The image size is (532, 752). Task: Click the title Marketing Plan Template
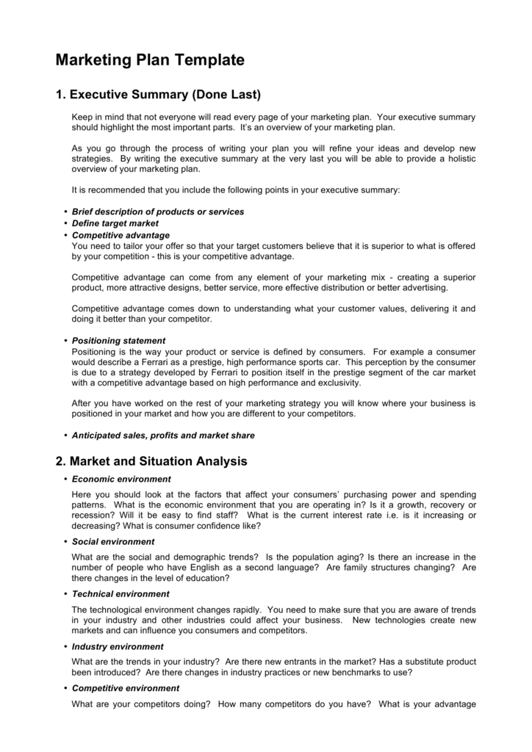click(150, 61)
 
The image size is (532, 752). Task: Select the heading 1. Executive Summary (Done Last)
click(158, 95)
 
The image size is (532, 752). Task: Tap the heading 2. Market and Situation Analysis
click(151, 461)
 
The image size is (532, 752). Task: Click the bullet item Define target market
click(115, 223)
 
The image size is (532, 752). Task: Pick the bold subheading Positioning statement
click(118, 341)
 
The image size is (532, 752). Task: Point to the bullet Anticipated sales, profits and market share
click(163, 435)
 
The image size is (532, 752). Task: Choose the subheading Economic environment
click(121, 479)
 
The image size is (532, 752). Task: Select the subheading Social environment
click(113, 541)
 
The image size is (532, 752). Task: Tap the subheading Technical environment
click(121, 593)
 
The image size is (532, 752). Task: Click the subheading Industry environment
click(118, 646)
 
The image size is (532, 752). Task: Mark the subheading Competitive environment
click(125, 688)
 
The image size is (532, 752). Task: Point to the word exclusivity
click(338, 383)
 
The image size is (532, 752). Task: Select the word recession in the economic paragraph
click(93, 516)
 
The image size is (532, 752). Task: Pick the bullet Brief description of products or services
click(158, 211)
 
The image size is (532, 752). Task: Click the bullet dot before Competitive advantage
click(65, 235)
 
